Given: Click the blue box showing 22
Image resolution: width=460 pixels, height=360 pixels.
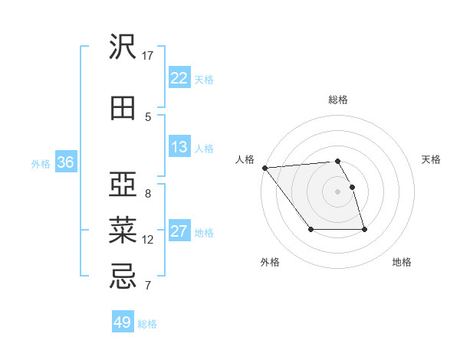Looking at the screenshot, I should coord(179,78).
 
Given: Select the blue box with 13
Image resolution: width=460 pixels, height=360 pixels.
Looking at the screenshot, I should coord(179,147).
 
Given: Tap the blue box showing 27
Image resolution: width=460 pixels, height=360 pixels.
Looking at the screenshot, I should coord(179,231).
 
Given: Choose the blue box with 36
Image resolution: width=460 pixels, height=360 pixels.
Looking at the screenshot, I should coord(65,162).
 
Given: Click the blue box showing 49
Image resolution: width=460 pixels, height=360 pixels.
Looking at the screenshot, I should coord(123,322).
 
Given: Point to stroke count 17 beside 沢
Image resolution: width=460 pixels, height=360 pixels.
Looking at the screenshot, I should coord(148,56).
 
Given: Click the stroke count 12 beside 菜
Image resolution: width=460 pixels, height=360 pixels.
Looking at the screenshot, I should coord(148,240).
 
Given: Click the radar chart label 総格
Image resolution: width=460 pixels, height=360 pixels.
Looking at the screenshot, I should coord(337,100).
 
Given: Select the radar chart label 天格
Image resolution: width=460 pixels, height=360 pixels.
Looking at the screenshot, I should coord(432,159).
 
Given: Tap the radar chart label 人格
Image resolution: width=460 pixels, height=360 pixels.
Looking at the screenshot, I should coord(245,159).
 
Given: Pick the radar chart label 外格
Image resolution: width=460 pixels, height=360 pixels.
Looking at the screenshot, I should coord(270,262).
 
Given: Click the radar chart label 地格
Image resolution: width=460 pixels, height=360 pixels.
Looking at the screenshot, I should coord(402,262).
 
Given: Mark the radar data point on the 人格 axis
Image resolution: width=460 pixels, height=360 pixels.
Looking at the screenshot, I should coord(264,168).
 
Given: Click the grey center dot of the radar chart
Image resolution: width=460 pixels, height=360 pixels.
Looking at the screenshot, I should coord(337,191).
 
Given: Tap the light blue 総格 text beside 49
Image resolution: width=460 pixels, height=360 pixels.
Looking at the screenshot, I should coord(147,324).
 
